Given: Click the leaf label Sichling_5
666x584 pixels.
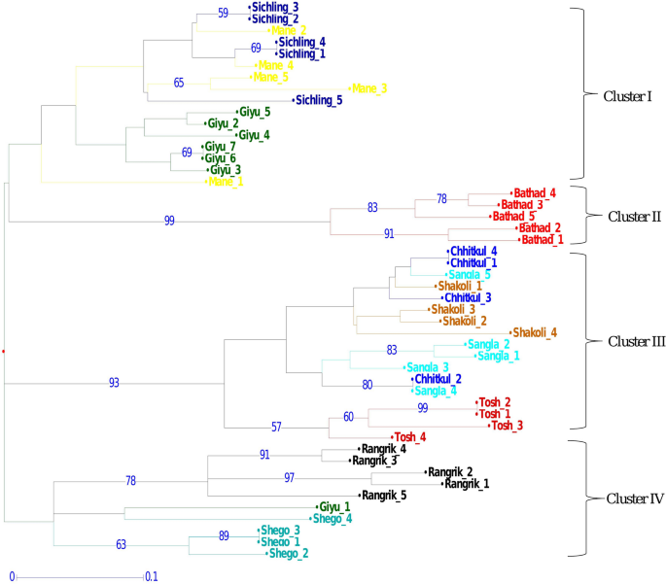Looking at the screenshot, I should tap(320, 100).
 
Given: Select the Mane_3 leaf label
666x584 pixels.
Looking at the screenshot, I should tap(369, 88).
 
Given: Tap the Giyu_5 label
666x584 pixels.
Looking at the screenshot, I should tap(254, 112).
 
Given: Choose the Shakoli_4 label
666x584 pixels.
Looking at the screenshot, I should tap(535, 332).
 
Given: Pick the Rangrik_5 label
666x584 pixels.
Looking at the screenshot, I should tap(383, 496).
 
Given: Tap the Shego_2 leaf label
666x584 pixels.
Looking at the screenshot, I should tap(289, 554).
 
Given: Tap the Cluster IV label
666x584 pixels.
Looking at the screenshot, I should tap(634, 499).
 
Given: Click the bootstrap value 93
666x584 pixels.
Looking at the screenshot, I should tap(115, 383).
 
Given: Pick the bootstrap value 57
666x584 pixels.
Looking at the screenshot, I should tap(276, 427).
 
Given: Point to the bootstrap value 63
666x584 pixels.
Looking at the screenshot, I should tap(122, 545).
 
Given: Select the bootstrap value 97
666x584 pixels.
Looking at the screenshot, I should tap(290, 478).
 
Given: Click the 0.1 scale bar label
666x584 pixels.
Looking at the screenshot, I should tap(151, 576).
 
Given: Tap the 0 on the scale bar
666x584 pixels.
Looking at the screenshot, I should tap(13, 576).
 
